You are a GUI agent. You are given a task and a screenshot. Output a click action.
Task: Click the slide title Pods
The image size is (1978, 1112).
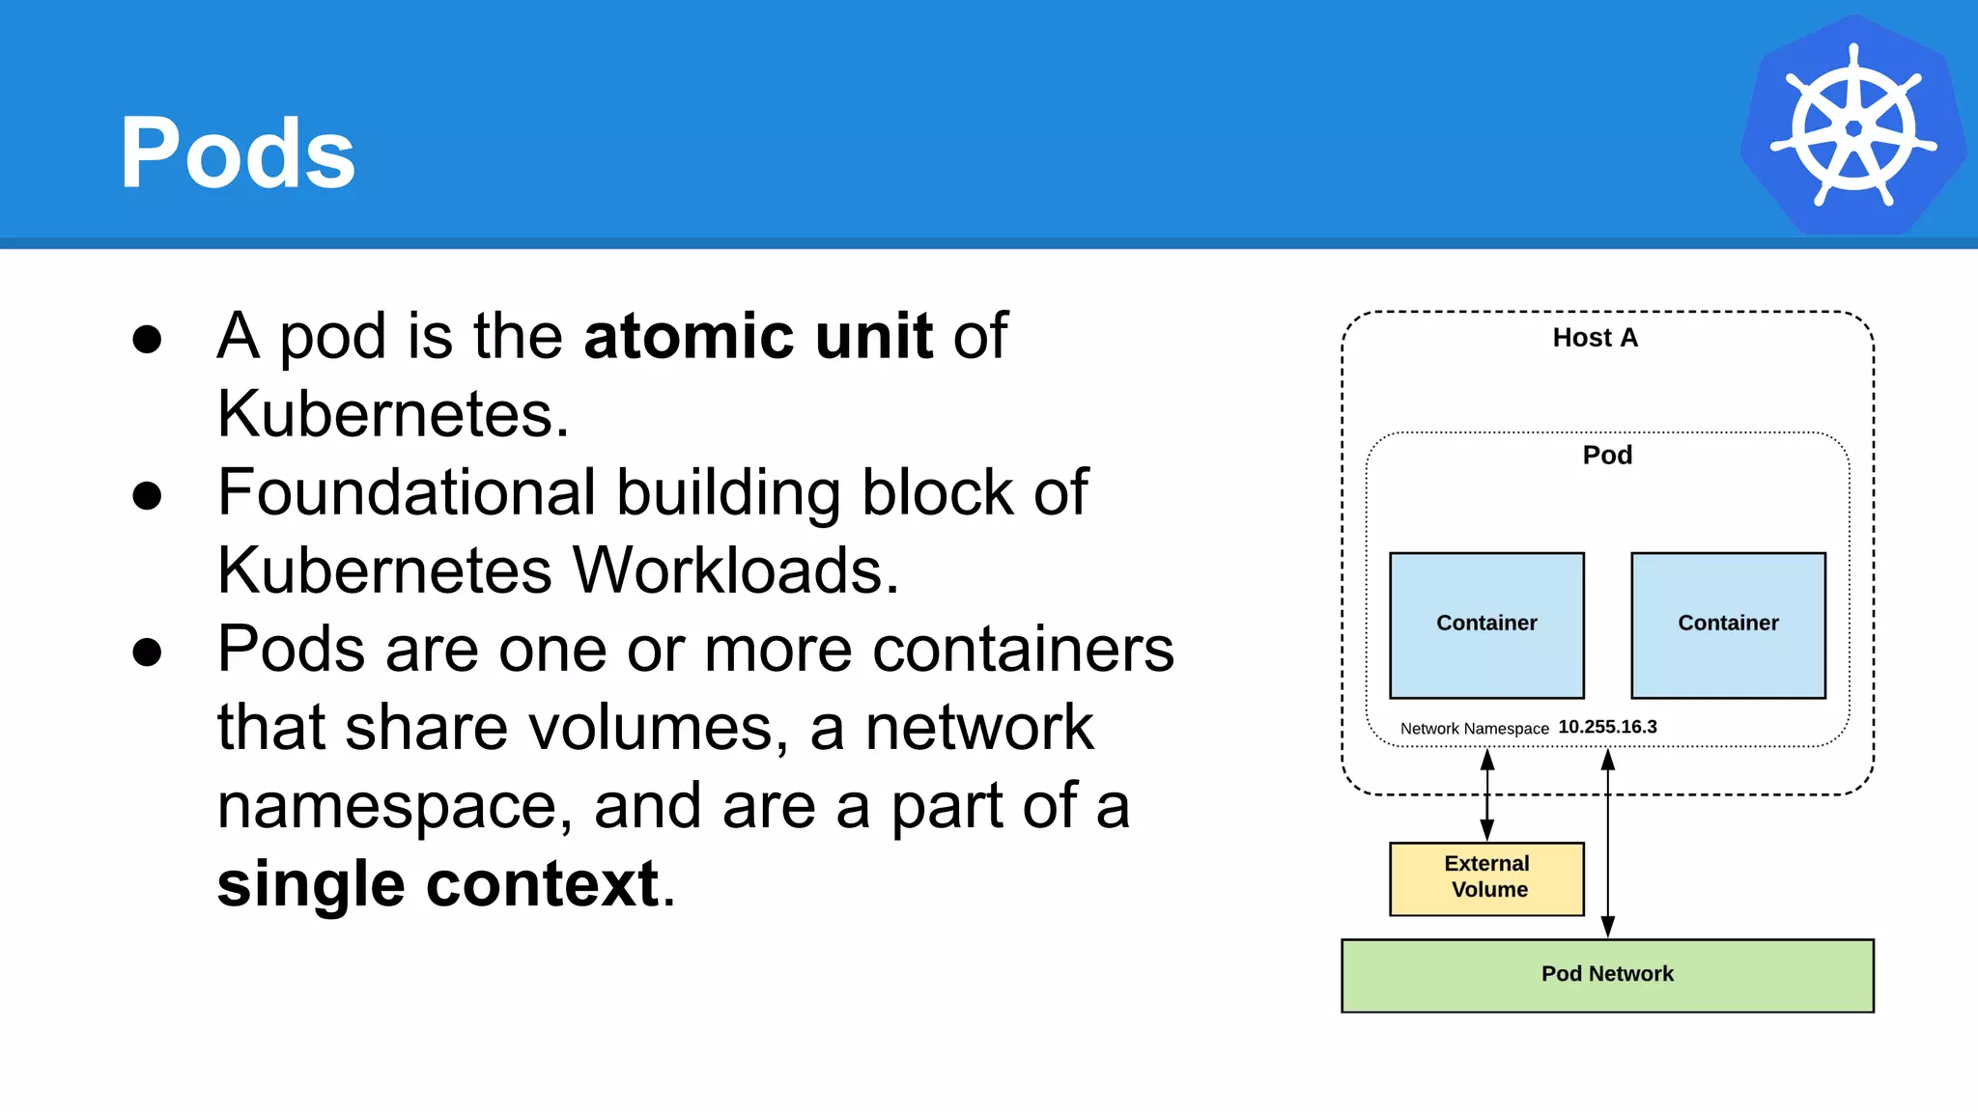238,153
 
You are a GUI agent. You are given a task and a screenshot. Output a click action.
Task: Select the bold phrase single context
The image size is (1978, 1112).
438,883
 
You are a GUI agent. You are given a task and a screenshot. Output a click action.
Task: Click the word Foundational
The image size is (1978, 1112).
406,492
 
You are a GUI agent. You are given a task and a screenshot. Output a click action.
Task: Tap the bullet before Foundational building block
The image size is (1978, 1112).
147,496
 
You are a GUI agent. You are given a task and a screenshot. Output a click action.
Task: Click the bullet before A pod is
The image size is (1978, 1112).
147,340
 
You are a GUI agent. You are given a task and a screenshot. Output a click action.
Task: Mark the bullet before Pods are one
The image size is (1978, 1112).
147,653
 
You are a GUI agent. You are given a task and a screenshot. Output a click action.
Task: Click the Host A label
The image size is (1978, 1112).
1595,338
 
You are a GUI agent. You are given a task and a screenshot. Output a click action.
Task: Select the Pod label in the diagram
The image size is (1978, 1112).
1607,455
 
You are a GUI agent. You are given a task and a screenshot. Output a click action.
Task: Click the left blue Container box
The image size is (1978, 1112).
1486,625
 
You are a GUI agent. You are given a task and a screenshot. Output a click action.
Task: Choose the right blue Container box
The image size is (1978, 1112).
1728,625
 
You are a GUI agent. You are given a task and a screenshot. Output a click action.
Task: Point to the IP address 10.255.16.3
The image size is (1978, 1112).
1607,727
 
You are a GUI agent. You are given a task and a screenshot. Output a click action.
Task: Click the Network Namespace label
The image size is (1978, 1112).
1474,729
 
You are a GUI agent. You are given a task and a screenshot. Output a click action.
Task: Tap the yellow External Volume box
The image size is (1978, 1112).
1486,877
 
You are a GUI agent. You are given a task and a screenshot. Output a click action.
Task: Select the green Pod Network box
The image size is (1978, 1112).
1607,975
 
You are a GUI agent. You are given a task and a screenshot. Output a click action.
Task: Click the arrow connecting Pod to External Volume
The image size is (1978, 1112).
1487,795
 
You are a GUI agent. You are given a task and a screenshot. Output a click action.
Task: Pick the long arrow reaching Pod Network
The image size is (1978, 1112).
1608,849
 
